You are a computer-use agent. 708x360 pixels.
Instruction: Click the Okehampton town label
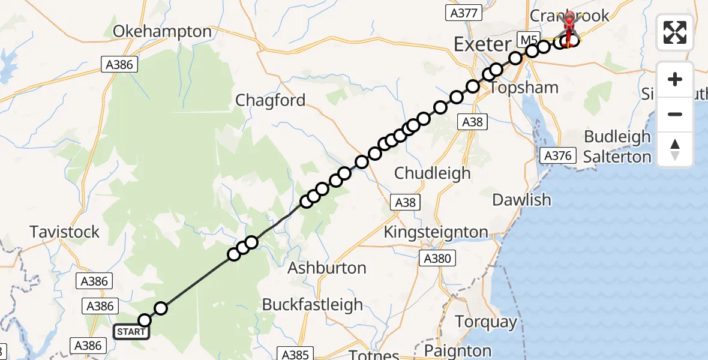163,32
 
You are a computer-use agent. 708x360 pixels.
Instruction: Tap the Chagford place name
271,100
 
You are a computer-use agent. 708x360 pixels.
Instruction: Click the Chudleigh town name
432,173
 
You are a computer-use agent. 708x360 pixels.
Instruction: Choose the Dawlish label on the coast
521,200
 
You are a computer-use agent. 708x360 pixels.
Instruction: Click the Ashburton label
327,268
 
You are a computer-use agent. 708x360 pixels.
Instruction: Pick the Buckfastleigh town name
312,305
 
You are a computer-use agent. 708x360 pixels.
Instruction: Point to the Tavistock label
65,232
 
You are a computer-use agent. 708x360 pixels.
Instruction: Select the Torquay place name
486,322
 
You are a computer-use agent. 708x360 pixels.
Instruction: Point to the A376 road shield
556,156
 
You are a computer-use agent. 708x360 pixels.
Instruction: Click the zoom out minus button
675,114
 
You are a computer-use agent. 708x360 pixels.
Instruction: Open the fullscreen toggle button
675,32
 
